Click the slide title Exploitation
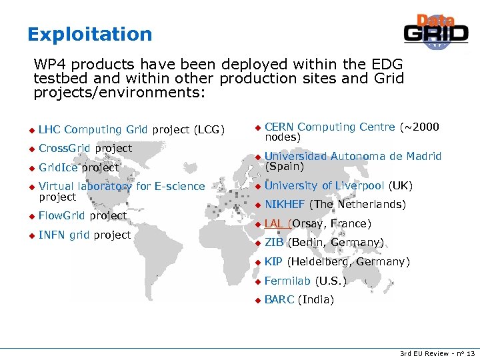90,34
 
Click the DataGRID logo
436,31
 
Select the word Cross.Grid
65,148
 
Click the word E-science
180,187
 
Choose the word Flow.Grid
63,216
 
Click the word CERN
279,127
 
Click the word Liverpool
358,185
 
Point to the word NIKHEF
285,205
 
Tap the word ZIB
274,243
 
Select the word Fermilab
287,281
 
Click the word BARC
279,300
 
